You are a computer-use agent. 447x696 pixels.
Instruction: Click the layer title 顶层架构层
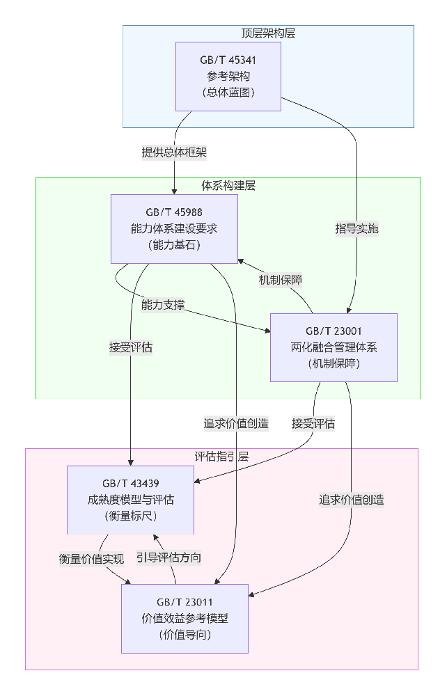coord(268,33)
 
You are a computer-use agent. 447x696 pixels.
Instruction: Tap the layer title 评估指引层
coord(221,456)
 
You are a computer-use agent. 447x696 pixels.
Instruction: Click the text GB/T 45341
coord(228,60)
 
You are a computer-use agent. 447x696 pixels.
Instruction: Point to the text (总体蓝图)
coord(228,93)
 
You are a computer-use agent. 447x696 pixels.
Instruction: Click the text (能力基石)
coord(174,244)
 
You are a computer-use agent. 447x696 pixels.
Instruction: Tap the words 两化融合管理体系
coord(334,347)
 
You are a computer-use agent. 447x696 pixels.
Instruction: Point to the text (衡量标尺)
coord(130,516)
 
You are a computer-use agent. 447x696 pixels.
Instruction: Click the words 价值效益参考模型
coord(185,618)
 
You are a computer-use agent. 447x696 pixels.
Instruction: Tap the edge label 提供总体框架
coord(174,152)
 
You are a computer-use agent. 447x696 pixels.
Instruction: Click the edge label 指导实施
coord(356,229)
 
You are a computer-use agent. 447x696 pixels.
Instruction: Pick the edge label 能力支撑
coord(163,305)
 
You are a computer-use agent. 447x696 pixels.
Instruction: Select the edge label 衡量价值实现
coord(91,557)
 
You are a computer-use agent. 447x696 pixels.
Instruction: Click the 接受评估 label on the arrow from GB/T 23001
coord(313,423)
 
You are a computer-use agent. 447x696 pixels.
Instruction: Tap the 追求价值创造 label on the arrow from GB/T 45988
coord(236,423)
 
